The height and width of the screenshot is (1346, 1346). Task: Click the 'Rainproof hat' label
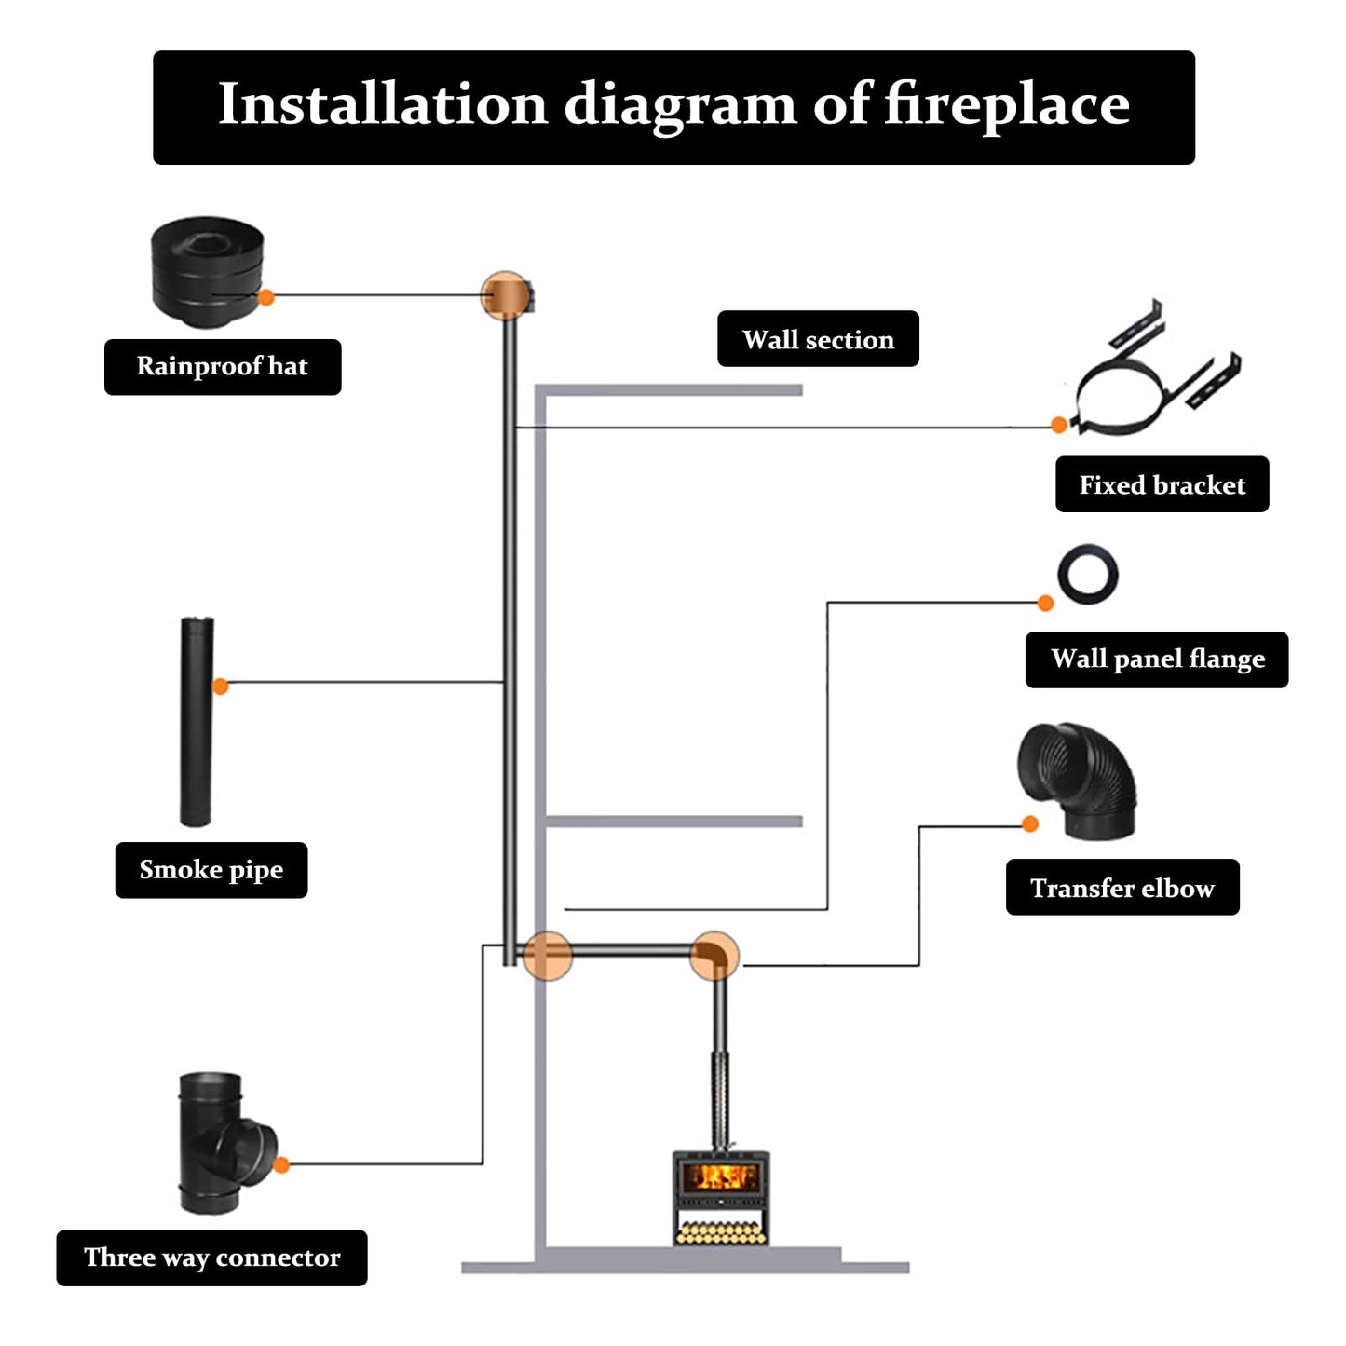click(223, 367)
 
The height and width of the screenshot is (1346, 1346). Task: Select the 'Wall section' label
click(818, 339)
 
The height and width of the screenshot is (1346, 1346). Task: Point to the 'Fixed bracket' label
click(1162, 484)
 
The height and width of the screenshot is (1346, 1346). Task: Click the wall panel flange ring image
click(1087, 574)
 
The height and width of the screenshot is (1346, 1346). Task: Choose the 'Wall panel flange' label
click(1157, 659)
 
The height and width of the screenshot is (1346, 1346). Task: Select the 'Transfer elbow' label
click(1122, 888)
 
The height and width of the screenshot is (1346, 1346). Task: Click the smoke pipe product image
click(197, 721)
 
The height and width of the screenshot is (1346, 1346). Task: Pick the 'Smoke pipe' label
click(211, 870)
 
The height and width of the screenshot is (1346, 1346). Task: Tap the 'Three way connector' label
click(212, 1258)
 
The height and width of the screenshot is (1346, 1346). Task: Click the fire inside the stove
click(721, 1176)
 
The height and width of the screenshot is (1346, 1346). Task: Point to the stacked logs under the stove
click(721, 1231)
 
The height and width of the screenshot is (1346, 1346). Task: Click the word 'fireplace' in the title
click(1006, 104)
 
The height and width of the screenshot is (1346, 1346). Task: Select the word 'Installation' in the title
click(382, 104)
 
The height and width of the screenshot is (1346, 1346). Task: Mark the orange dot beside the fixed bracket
click(1058, 425)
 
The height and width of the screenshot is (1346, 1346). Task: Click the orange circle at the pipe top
click(506, 295)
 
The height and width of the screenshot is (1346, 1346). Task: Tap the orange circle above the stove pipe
click(714, 955)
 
